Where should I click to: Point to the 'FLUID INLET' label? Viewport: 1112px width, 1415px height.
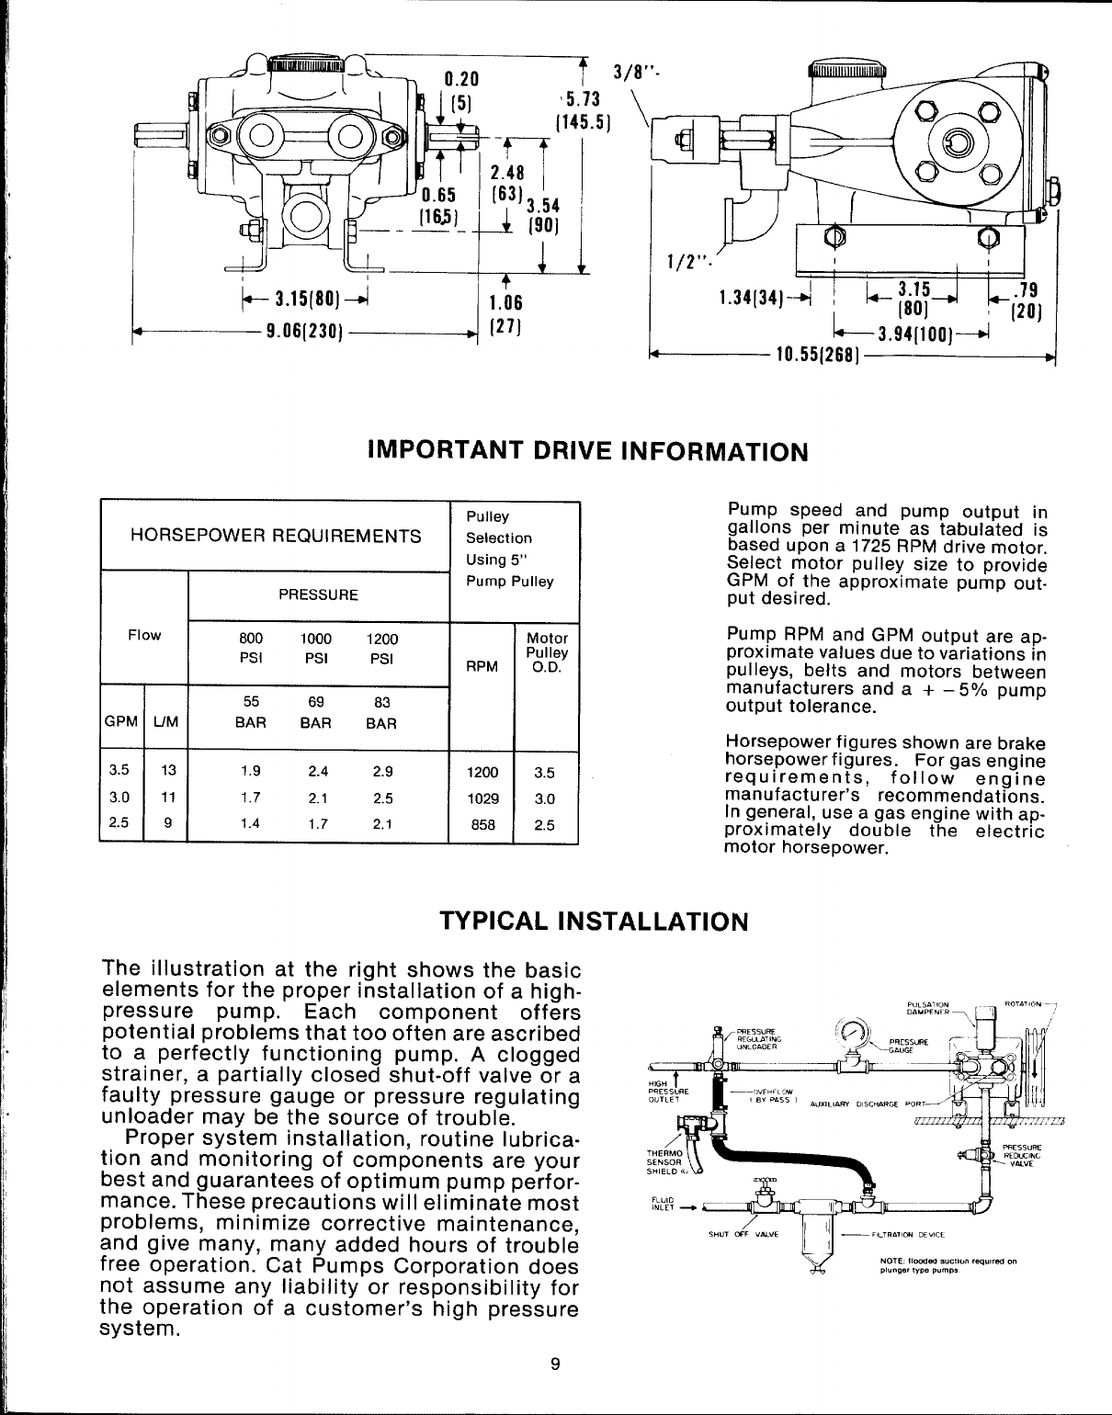(662, 1204)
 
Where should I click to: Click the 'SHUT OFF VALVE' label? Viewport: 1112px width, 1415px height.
(743, 1234)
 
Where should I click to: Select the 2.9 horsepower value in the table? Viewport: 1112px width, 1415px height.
(383, 773)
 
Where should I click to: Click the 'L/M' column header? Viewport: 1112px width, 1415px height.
(167, 723)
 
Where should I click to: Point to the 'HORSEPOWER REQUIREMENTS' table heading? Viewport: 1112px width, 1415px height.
(277, 536)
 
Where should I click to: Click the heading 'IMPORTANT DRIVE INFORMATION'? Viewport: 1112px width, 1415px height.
(587, 452)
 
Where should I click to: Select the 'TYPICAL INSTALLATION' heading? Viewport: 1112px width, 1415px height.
(593, 921)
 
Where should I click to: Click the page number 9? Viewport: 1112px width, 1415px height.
(554, 1363)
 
